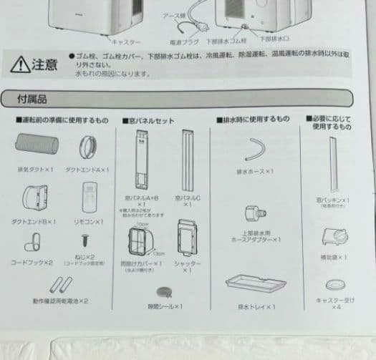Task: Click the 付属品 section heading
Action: (x=34, y=99)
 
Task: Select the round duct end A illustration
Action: (x=90, y=148)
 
